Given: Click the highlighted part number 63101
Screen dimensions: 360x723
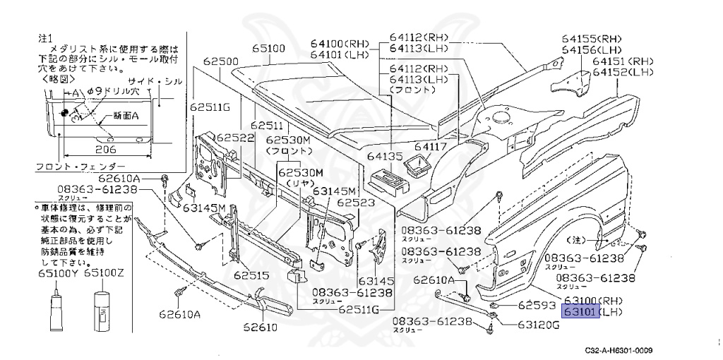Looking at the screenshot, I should tap(580, 311).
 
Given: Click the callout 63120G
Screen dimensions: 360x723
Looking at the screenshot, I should tap(538, 325).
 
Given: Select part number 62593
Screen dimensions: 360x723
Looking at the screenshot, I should tap(538, 305).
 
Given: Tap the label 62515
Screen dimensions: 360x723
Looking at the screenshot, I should tap(253, 275).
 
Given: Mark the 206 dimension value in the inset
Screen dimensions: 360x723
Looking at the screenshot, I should tap(106, 149).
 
